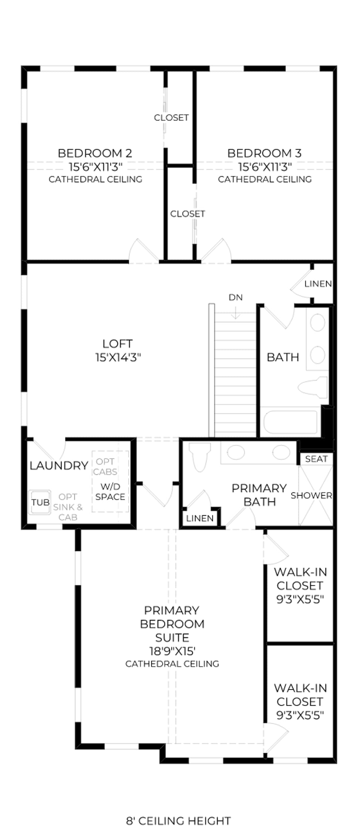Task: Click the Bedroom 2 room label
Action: [x=95, y=153]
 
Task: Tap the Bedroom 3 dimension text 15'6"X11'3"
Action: [x=265, y=167]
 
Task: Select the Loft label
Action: [x=118, y=344]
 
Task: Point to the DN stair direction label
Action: [x=236, y=297]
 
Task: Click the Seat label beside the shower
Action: [x=316, y=459]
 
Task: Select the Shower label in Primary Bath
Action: [x=312, y=496]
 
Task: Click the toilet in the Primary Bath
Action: [x=199, y=457]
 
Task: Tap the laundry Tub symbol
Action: [x=40, y=502]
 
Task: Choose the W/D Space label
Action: [x=110, y=492]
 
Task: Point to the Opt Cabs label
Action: [x=105, y=467]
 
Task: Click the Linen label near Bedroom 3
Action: [x=318, y=284]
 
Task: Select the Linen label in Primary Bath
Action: [x=200, y=518]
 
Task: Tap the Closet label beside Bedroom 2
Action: [x=171, y=118]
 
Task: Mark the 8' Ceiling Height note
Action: [x=178, y=811]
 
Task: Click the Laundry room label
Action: [x=59, y=466]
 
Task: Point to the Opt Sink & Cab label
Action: [x=68, y=507]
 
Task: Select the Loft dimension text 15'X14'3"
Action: [x=118, y=358]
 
